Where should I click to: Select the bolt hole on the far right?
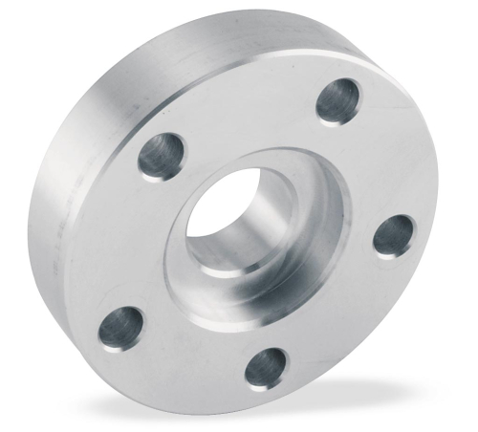click(x=393, y=234)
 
